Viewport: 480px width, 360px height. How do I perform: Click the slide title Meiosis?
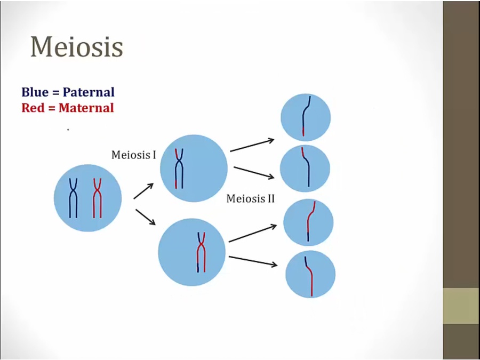(76, 47)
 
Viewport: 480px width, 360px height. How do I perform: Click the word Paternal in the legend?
(89, 92)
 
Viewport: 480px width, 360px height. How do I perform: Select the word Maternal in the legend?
(86, 108)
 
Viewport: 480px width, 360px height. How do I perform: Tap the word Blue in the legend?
(35, 92)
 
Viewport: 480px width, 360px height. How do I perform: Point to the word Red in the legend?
(33, 108)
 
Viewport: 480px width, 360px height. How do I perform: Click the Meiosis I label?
(134, 155)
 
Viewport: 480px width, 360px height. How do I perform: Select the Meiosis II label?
(251, 199)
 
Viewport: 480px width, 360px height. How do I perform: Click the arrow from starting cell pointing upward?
(143, 191)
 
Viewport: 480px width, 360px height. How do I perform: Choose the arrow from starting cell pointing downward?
(146, 217)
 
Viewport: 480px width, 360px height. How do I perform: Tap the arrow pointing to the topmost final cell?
(252, 145)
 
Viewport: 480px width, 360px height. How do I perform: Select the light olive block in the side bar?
(461, 306)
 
